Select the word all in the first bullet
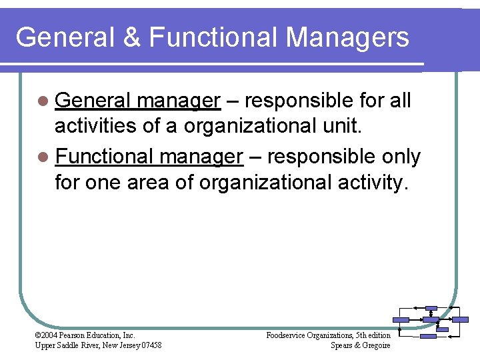pyautogui.click(x=400, y=101)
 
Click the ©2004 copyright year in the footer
pyautogui.click(x=47, y=335)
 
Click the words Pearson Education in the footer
pyautogui.click(x=91, y=335)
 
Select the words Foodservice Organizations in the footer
pyautogui.click(x=309, y=335)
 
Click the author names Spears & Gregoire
pyautogui.click(x=360, y=345)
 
